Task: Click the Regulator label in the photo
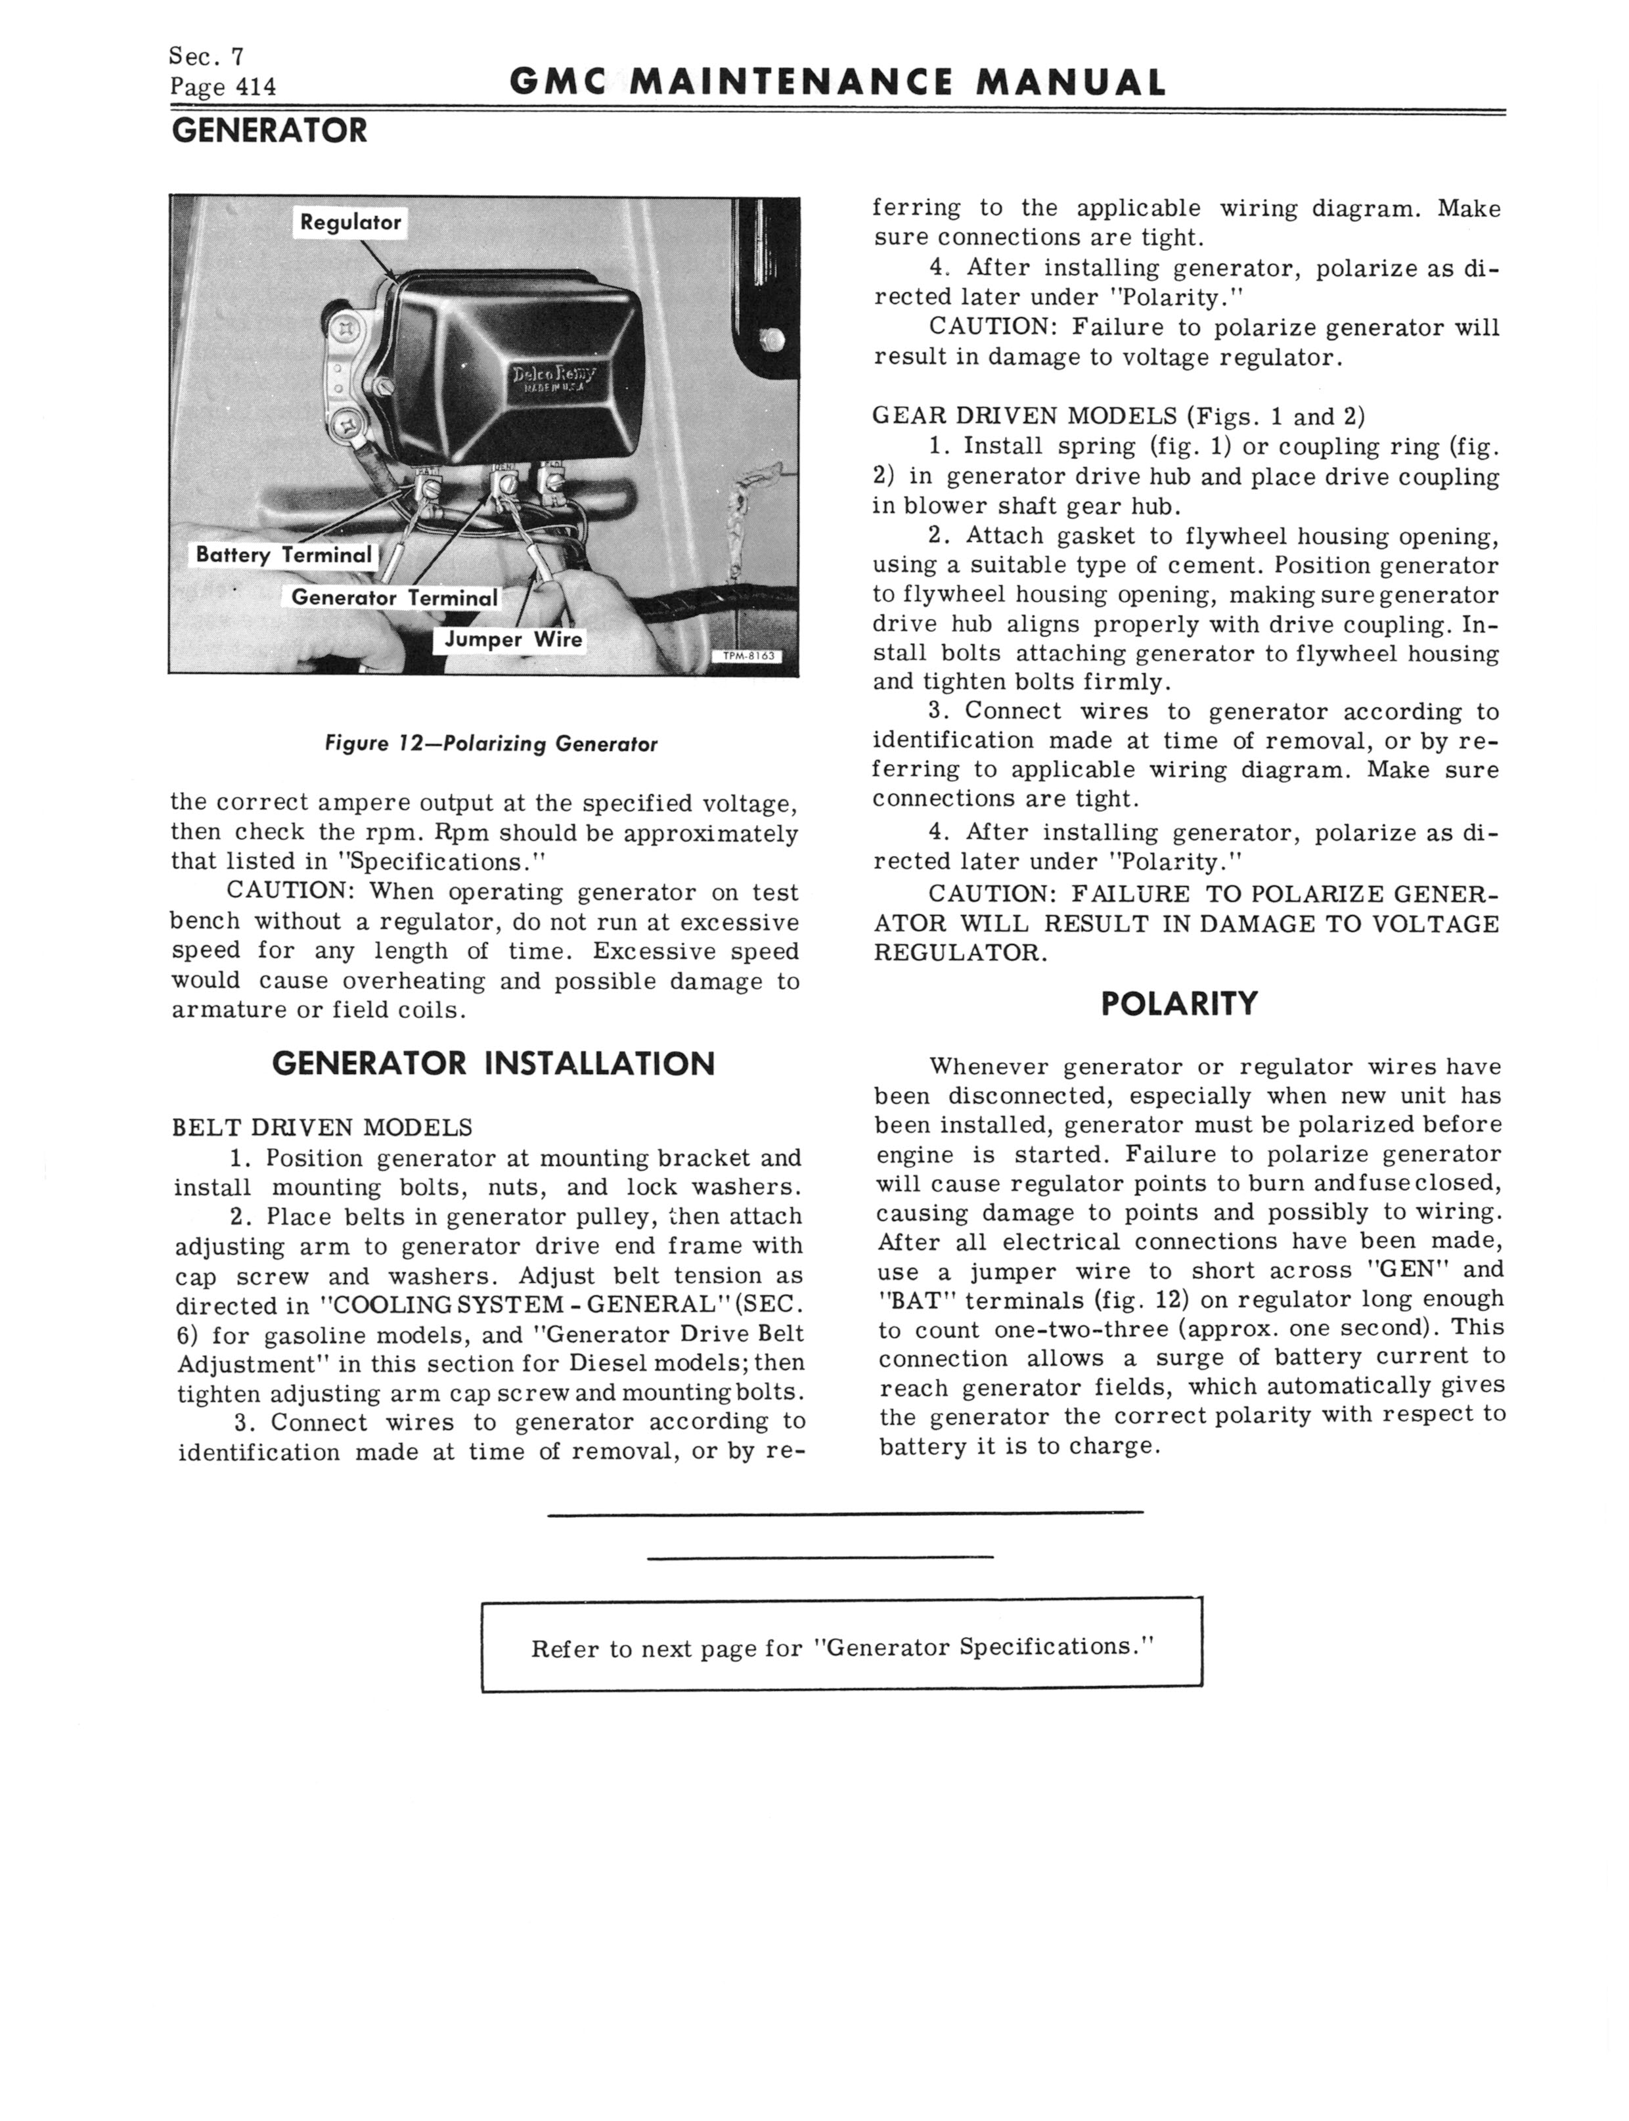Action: [x=350, y=222]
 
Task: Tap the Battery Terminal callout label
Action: [x=283, y=554]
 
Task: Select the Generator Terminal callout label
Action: [x=393, y=597]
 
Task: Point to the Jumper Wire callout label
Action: [x=513, y=639]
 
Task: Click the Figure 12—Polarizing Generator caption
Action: [x=491, y=744]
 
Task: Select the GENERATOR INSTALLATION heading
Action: [x=493, y=1063]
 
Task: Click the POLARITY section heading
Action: [x=1179, y=1003]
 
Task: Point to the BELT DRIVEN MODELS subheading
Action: [x=322, y=1127]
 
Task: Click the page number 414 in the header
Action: [x=256, y=87]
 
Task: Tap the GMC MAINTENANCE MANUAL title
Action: [x=837, y=83]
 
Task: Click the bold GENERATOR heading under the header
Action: [x=269, y=130]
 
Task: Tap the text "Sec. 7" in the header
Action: [x=206, y=56]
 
